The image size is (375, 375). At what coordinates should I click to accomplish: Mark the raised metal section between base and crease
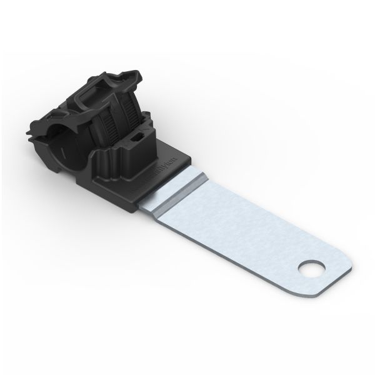pos(181,187)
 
